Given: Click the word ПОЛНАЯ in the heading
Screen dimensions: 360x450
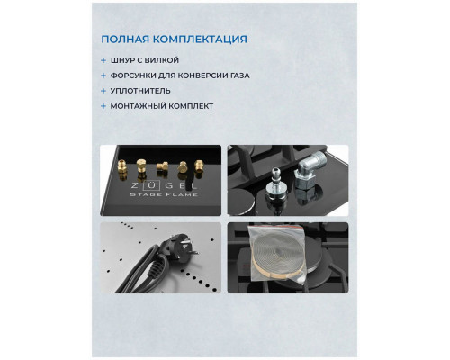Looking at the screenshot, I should point(127,40).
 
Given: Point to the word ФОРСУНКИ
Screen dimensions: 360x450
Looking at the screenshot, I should point(135,76).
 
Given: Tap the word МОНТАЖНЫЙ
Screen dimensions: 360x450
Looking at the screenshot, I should point(139,106).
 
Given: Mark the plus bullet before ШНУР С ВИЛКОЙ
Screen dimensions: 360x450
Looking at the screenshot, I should point(104,60).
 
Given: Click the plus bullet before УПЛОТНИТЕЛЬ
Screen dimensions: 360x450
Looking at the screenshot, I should point(104,91).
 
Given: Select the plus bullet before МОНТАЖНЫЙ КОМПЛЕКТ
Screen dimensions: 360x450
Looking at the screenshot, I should point(104,106).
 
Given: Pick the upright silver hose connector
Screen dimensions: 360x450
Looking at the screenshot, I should point(282,184).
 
